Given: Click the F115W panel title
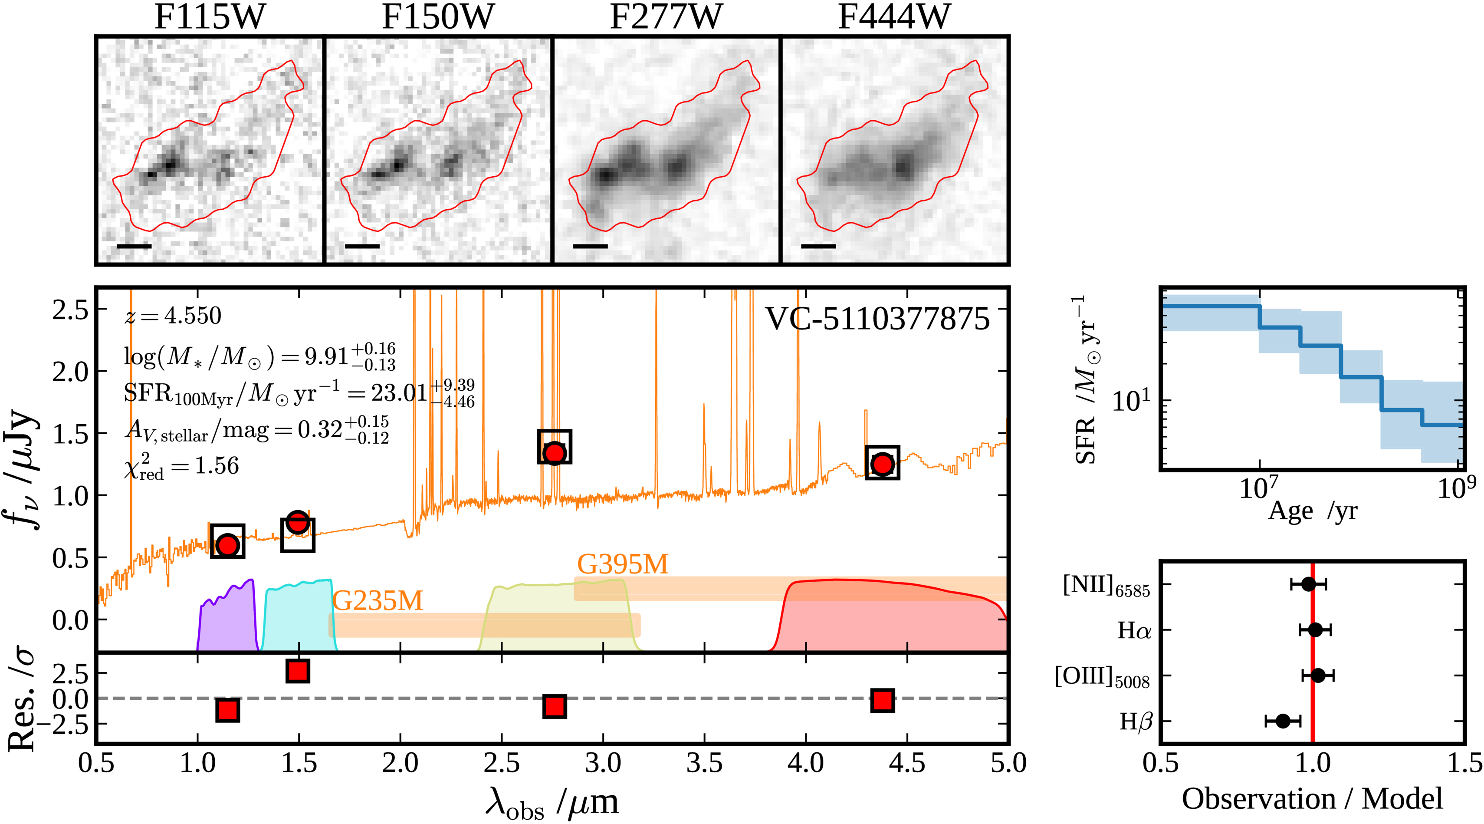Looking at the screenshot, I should coord(209,17).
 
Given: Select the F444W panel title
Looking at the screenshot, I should coord(893,17).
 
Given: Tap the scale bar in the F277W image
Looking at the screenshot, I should coord(591,246).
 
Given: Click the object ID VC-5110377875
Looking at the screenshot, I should coord(877,319).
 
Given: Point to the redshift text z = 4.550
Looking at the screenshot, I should coord(173,316).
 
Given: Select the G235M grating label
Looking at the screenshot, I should coord(378,601).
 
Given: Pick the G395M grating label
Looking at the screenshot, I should coord(623,564).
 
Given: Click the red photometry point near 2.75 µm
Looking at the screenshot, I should coord(554,453).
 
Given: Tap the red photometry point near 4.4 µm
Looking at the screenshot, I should coord(882,463).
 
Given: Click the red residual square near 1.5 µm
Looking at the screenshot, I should coord(298,671).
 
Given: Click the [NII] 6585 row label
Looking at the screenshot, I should coord(1106,587).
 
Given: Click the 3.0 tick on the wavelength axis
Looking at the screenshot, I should coord(603,764).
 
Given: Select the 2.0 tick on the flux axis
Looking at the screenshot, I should coord(70,372).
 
